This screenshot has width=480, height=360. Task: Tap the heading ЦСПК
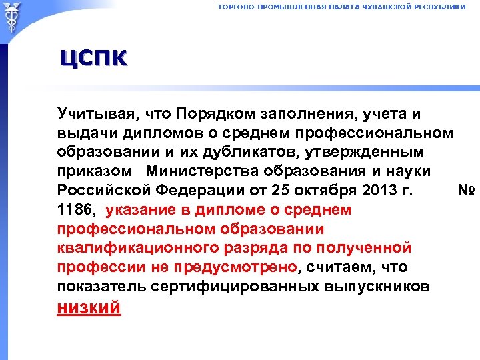[x=93, y=59]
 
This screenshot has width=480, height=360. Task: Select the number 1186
[x=77, y=209]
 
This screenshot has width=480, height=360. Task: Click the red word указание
[x=142, y=209]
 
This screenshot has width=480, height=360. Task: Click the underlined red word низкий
[x=89, y=308]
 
